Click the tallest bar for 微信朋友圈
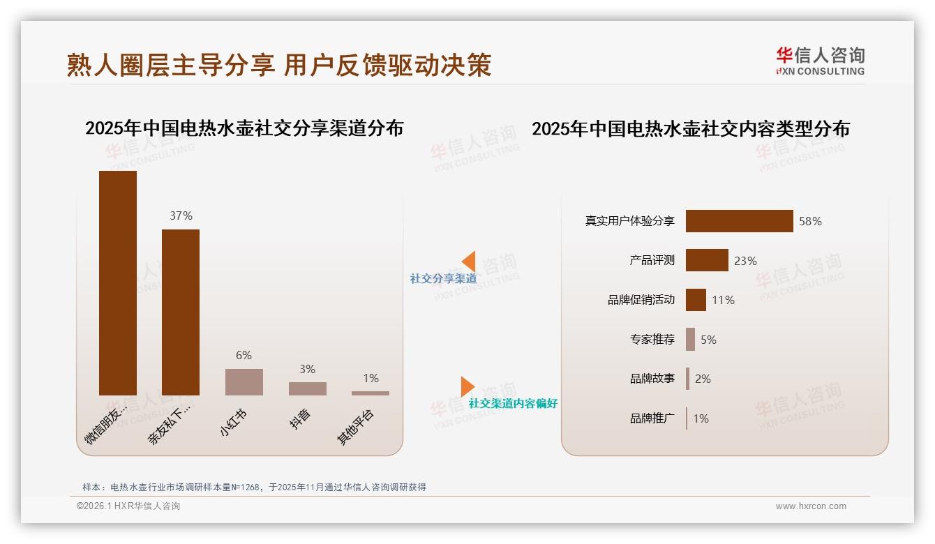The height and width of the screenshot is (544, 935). tap(118, 282)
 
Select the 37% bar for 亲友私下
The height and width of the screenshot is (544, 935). tap(181, 312)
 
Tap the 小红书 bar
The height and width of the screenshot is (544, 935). tap(244, 382)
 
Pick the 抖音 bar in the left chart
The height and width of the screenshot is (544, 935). tap(308, 388)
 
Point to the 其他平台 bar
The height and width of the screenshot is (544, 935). tap(371, 393)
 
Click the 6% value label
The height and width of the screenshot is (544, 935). tap(244, 356)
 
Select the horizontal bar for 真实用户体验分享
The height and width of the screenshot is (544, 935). tap(739, 221)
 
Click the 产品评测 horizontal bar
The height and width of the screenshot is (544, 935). tap(707, 260)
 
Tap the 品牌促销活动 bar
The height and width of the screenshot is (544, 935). tap(696, 300)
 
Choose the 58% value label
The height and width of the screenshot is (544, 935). tap(811, 221)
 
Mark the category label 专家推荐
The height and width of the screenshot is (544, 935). tap(652, 340)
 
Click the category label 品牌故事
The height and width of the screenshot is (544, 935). tap(652, 379)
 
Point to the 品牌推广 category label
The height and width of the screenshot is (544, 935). tap(652, 418)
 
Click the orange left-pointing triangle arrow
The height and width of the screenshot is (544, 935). tap(469, 262)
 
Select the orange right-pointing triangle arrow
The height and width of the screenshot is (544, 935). tap(467, 386)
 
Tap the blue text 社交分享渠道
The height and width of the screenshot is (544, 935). tap(444, 279)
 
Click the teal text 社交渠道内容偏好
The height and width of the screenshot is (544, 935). tap(513, 404)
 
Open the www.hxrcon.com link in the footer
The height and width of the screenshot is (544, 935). tap(811, 506)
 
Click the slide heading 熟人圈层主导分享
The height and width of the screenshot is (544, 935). tap(171, 65)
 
